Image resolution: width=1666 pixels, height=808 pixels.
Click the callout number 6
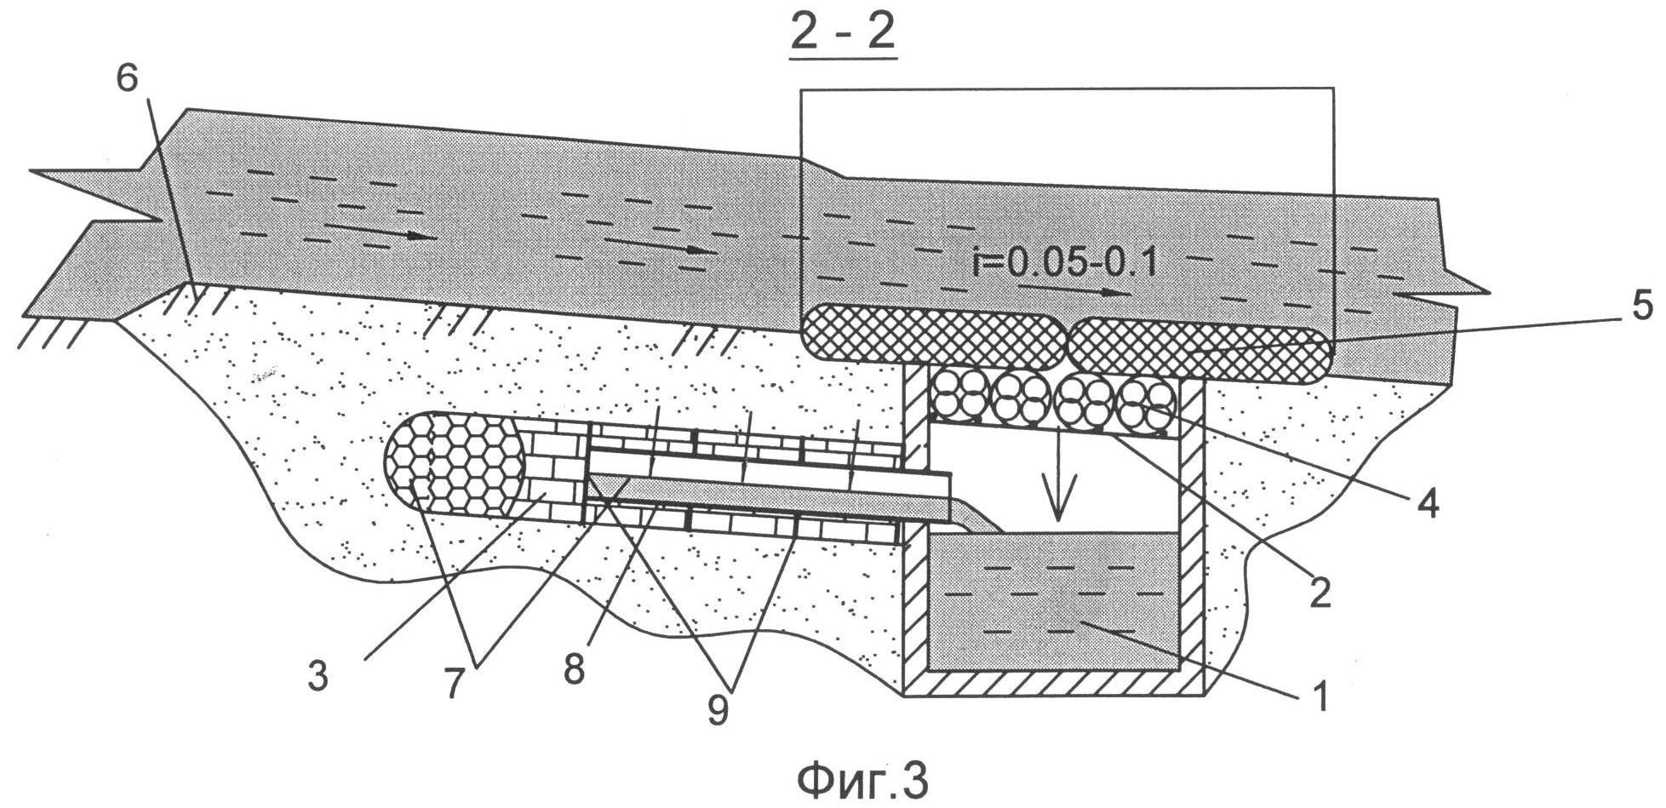pos(124,83)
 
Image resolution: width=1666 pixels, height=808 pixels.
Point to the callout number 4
pos(1428,503)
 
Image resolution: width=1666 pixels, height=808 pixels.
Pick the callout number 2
pos(1319,594)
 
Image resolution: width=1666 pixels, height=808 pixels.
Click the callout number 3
pos(318,679)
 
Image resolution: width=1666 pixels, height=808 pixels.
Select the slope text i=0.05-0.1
pos(1064,263)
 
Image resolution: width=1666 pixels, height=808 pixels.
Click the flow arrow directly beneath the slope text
pos(1074,292)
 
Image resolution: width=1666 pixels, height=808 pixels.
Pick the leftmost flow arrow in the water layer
pos(375,232)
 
